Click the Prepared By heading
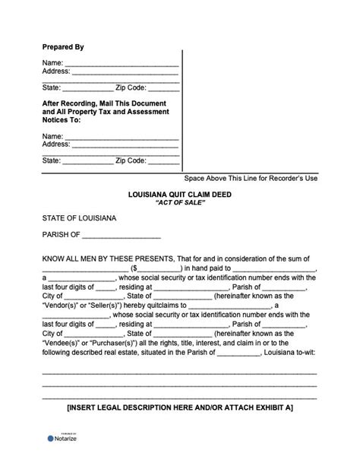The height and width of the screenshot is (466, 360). (63, 46)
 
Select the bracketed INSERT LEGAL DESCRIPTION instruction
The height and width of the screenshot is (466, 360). (180, 408)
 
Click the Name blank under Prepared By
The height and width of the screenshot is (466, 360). (122, 62)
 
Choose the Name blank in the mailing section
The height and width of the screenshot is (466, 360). (122, 135)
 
